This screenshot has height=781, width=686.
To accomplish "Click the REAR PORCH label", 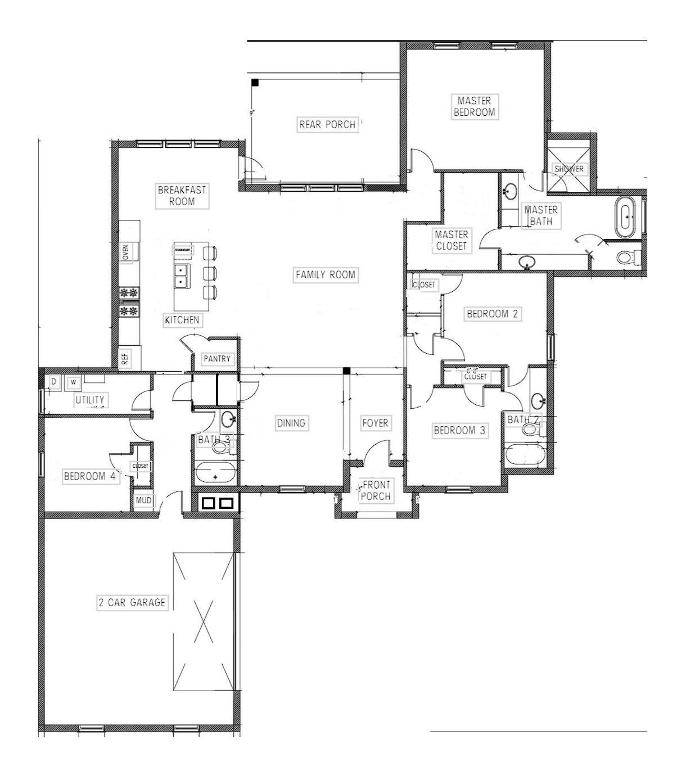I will pyautogui.click(x=327, y=124).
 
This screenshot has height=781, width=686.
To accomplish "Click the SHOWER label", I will pyautogui.click(x=568, y=169).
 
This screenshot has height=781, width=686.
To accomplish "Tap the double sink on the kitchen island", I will pyautogui.click(x=181, y=276).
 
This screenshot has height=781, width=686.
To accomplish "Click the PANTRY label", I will pyautogui.click(x=216, y=359).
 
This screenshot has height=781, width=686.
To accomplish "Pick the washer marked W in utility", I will pyautogui.click(x=73, y=382).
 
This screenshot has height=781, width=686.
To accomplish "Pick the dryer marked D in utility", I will pyautogui.click(x=54, y=382).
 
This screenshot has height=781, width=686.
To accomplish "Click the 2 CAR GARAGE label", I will pyautogui.click(x=132, y=603).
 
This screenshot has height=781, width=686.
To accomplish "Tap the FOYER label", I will pyautogui.click(x=375, y=423).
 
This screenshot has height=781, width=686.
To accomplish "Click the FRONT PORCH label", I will pyautogui.click(x=375, y=490).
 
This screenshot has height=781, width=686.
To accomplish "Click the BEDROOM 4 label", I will pyautogui.click(x=90, y=476).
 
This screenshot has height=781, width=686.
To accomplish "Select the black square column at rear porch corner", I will pyautogui.click(x=255, y=83).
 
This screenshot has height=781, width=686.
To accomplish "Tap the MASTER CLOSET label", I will pyautogui.click(x=451, y=240).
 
